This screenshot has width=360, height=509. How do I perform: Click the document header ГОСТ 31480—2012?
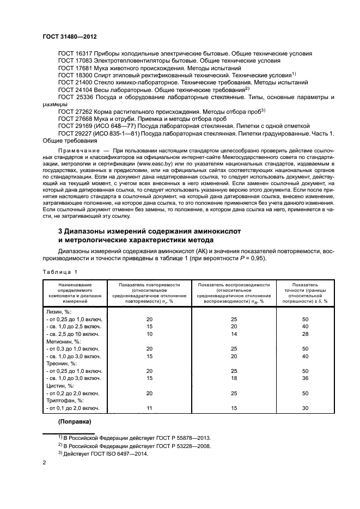[x=72, y=36]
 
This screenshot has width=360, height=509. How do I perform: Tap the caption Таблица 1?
[x=60, y=271]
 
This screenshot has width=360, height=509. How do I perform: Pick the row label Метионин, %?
[x=64, y=340]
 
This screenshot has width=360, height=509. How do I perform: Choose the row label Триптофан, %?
[x=65, y=400]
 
